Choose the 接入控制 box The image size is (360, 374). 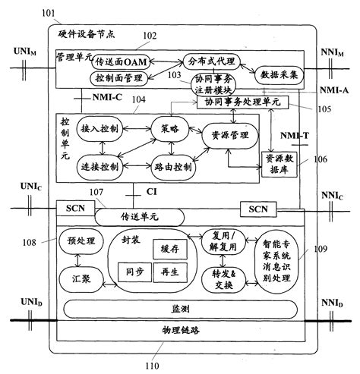pyautogui.click(x=99, y=128)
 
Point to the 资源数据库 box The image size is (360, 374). pyautogui.click(x=281, y=162)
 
